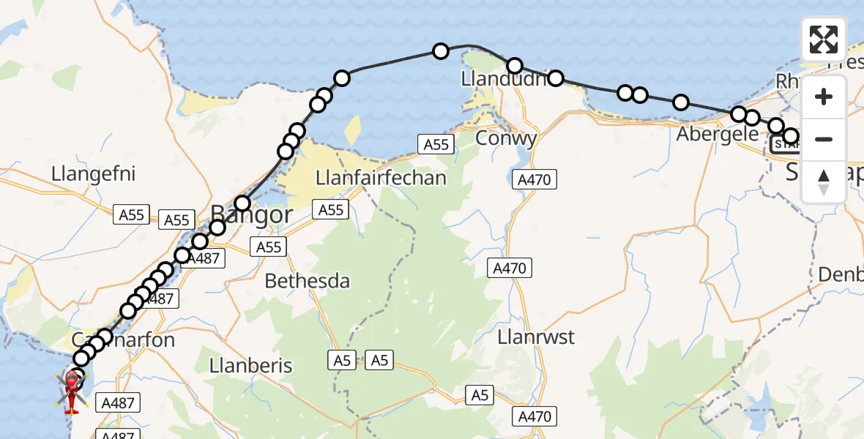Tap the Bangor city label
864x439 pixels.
click(x=251, y=215)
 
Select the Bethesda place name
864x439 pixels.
click(x=307, y=281)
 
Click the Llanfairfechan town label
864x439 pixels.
click(x=381, y=178)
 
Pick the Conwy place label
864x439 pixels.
click(x=506, y=138)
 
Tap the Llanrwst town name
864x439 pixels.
click(x=536, y=338)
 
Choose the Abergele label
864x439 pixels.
click(x=717, y=135)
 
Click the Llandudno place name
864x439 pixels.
click(x=504, y=78)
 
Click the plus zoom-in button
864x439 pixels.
click(x=824, y=97)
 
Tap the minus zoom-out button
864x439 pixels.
click(x=824, y=139)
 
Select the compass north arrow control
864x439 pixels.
click(x=824, y=181)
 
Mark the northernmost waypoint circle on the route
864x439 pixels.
click(x=441, y=51)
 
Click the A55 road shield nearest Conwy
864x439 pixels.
click(x=436, y=144)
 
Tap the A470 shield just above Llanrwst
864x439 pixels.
click(x=510, y=269)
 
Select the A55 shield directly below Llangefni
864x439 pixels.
click(x=132, y=215)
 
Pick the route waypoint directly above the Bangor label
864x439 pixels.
click(x=242, y=203)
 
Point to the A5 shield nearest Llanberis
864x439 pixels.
click(x=341, y=359)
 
